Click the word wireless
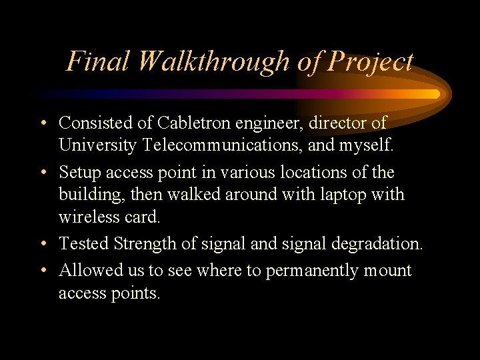click(x=85, y=217)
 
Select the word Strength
click(x=144, y=244)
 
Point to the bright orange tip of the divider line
click(x=433, y=95)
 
